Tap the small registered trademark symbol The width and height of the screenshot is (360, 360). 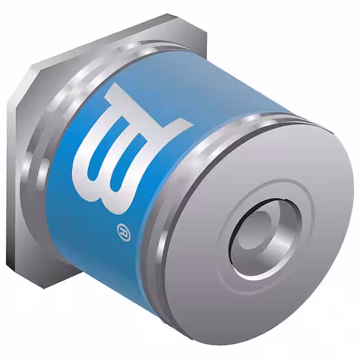point(124,232)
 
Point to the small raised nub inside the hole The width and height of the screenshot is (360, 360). point(255,230)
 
